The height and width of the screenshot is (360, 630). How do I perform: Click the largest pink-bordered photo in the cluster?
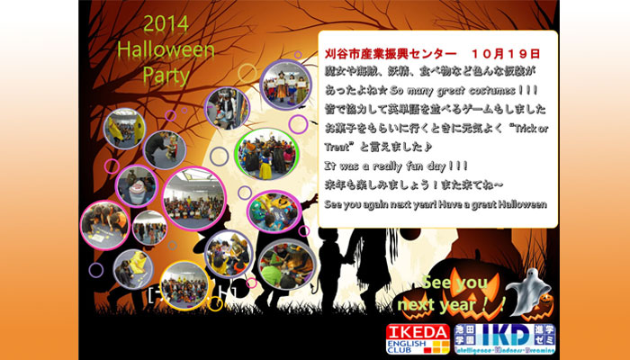click(194, 196)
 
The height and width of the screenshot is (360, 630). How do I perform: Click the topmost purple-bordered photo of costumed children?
click(284, 86)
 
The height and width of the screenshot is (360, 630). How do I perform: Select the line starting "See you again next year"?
click(436, 204)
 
